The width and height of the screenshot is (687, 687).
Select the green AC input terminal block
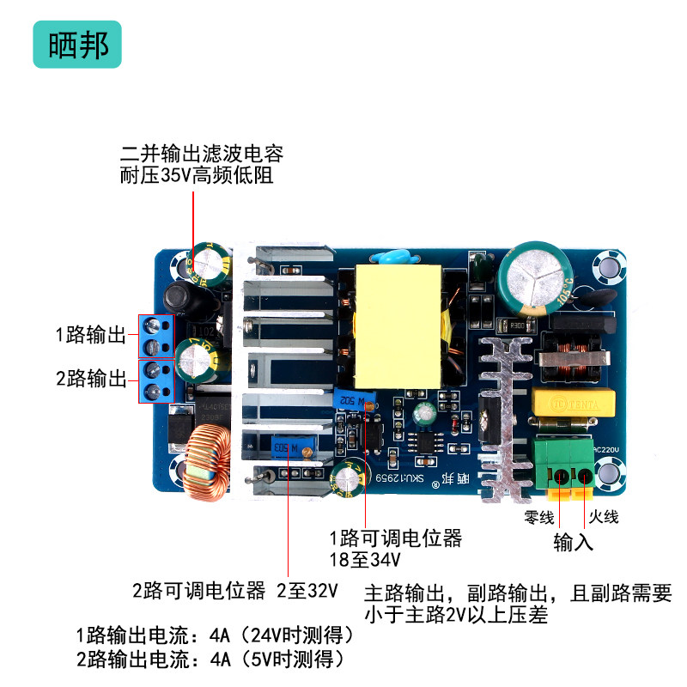562,463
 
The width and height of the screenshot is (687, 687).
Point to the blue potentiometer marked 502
356,399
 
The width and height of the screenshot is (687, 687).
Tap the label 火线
604,517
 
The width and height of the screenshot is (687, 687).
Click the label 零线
540,517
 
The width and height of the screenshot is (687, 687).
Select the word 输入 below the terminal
573,543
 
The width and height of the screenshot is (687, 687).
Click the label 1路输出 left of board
91,334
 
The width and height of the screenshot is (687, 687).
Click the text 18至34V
366,560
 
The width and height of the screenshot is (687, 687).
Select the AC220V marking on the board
605,450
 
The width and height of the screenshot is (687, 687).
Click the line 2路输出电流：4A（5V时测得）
210,660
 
